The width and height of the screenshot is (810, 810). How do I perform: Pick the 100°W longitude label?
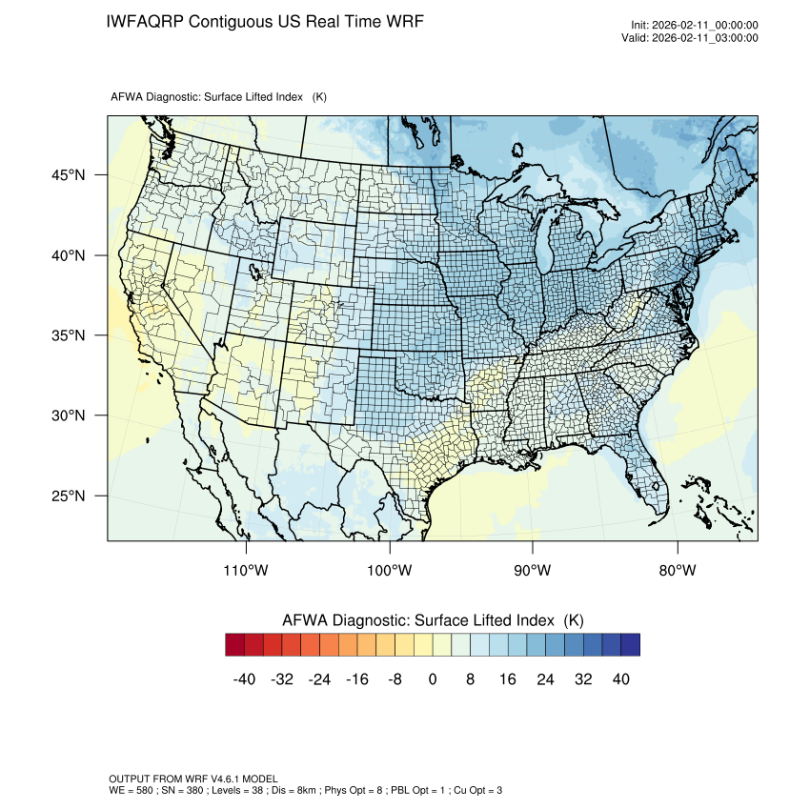390,571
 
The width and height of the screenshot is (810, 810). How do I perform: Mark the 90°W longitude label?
533,571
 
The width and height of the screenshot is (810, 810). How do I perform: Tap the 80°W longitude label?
677,571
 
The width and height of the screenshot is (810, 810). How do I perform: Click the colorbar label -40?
244,679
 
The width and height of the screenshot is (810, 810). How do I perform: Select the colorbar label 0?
433,679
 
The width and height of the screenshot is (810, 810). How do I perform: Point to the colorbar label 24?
545,679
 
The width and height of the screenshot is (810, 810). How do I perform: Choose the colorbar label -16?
357,679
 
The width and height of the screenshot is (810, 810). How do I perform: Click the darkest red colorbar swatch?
234,645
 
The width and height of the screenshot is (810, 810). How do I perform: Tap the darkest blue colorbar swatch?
630,645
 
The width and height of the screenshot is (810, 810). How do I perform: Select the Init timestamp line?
695,25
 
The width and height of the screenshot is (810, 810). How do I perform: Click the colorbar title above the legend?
433,620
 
